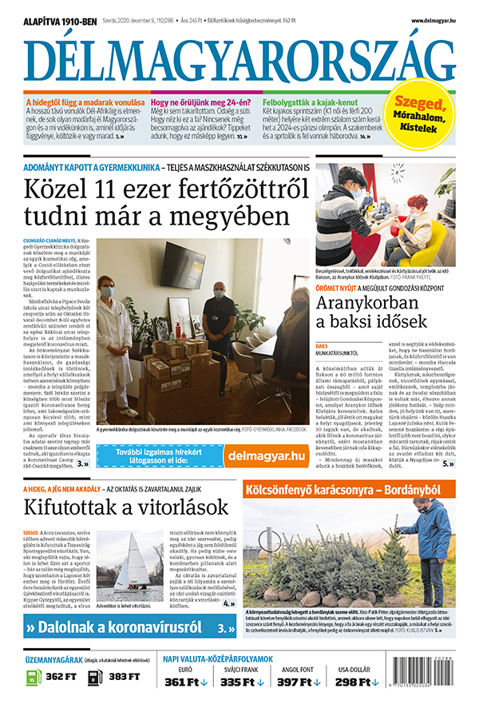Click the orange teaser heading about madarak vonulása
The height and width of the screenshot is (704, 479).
coord(86,102)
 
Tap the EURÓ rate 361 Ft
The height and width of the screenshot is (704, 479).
coord(186,682)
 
